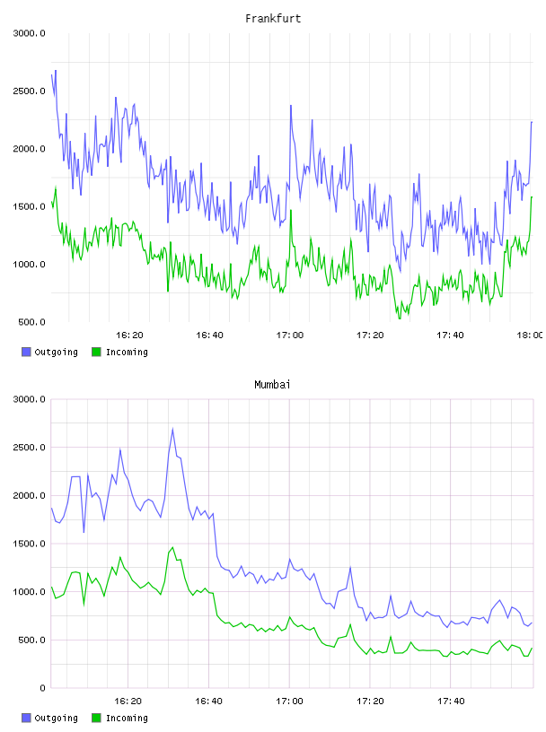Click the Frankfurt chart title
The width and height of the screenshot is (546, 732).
273,19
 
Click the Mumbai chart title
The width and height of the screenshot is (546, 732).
272,385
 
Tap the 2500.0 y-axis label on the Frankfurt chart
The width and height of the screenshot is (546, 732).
29,91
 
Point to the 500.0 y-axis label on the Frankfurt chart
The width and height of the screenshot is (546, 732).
31,322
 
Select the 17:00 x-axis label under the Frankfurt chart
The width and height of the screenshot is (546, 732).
290,335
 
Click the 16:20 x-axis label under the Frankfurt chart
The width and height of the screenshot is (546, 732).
129,335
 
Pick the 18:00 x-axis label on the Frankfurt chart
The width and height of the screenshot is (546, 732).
530,335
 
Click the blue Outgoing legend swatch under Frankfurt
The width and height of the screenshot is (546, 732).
26,352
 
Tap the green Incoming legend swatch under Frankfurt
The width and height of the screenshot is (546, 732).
96,352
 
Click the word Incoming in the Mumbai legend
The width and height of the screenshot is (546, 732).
127,718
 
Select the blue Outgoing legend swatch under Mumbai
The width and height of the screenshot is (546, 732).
26,718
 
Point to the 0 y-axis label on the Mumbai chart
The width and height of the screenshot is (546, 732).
42,688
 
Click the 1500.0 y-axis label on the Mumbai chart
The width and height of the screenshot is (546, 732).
29,544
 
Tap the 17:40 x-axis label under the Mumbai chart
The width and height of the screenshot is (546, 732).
451,701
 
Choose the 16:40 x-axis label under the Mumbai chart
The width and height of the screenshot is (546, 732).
209,701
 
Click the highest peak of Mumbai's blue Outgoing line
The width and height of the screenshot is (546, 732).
173,429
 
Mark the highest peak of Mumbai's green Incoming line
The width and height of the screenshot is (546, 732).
173,547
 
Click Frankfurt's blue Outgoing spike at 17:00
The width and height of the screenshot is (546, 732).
291,106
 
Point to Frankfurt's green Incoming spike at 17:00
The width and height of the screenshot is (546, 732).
291,210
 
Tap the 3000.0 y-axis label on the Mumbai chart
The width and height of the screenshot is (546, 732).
29,399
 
